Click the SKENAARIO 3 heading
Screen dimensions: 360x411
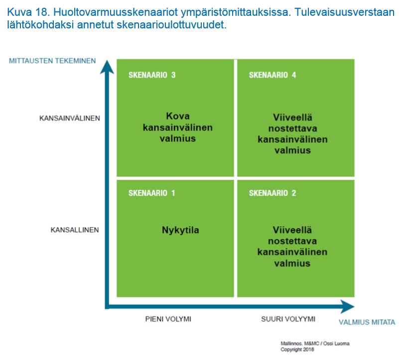coord(152,75)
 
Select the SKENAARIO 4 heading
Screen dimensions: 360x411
coord(273,75)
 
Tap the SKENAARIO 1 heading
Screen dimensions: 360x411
coord(152,193)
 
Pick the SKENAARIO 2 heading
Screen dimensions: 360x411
coord(273,193)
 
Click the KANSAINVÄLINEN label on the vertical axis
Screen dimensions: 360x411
coord(70,119)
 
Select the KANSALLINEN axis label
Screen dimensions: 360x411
coord(75,230)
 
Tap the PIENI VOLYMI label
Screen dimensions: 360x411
coord(168,319)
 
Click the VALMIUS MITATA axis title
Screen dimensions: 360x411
coord(367,322)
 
